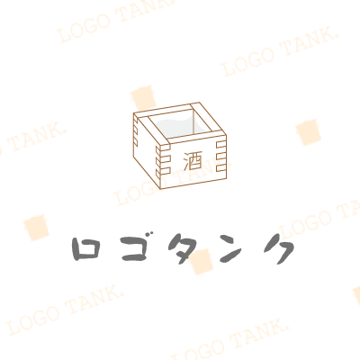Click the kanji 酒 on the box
coord(193,161)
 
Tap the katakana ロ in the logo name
coord(85,248)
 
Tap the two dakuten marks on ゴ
coord(150,236)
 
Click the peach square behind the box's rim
coord(143,98)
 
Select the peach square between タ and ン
coord(202,261)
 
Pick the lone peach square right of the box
coord(309,132)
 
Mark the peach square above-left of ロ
coord(36,228)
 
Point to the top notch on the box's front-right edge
coord(220,145)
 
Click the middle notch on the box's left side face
coord(135,130)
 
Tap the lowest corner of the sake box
coord(160,189)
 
